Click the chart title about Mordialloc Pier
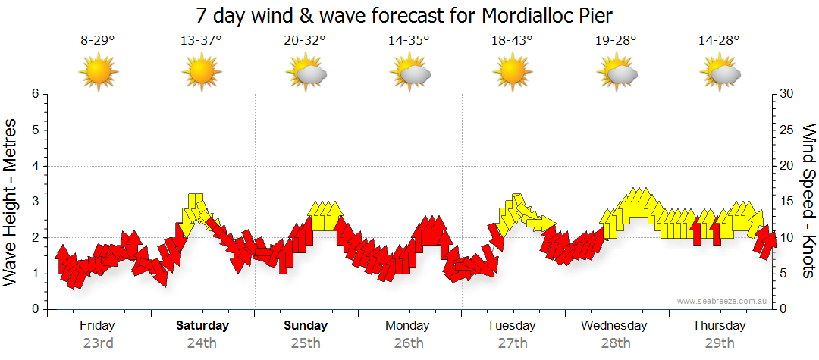[x=403, y=14]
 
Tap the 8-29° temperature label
[x=98, y=40]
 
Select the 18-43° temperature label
[x=513, y=40]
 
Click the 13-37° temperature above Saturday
[x=201, y=40]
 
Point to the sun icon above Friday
[x=98, y=73]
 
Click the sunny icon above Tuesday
[x=513, y=73]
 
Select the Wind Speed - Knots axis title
[x=808, y=201]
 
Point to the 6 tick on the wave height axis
[x=34, y=94]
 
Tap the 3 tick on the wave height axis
[x=34, y=202]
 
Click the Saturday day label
[x=202, y=326]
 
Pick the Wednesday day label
[x=614, y=326]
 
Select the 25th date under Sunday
[x=306, y=343]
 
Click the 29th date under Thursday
[x=719, y=343]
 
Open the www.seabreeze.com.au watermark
[x=723, y=301]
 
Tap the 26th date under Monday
[x=409, y=343]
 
